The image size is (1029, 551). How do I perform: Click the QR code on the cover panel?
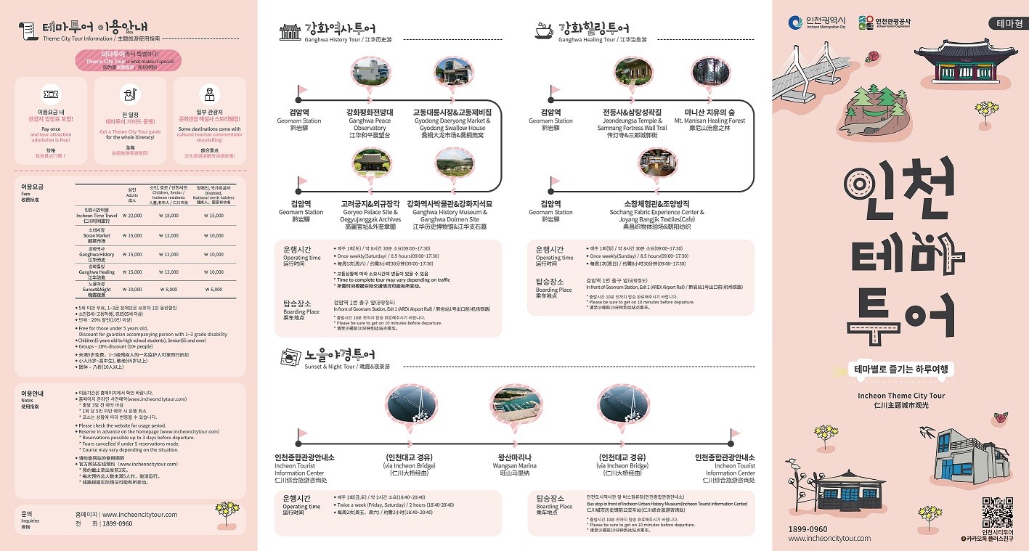point(997,513)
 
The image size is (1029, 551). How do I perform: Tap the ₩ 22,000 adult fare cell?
point(132,216)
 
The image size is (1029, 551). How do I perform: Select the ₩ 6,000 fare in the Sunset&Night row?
point(213,289)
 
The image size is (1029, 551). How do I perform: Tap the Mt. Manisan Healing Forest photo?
point(709,75)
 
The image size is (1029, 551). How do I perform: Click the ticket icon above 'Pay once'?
point(51,94)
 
